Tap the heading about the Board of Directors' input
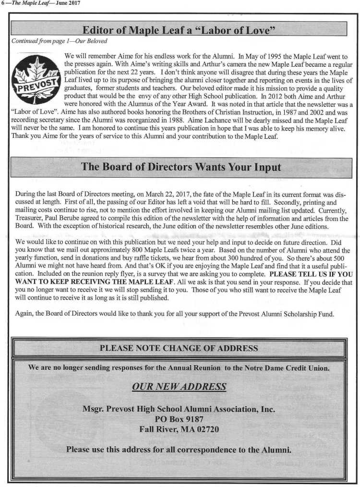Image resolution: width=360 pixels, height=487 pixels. (x=181, y=168)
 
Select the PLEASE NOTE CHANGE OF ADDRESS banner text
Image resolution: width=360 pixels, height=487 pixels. (x=179, y=348)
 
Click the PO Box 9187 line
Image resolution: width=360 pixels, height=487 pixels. (x=179, y=419)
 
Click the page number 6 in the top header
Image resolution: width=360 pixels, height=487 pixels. (x=3, y=3)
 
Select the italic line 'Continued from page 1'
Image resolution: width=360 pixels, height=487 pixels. (x=59, y=40)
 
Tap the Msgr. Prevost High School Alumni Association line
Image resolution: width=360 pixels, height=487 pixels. (x=179, y=409)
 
